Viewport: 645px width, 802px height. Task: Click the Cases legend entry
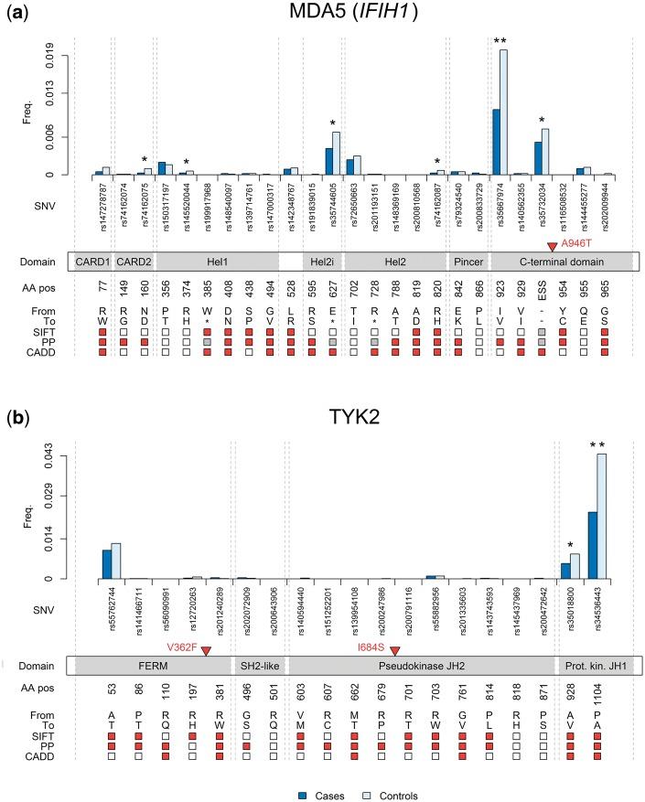pos(321,794)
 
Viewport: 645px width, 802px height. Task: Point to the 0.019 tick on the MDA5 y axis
pos(57,56)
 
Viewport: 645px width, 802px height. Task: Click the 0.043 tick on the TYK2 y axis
pos(57,454)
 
